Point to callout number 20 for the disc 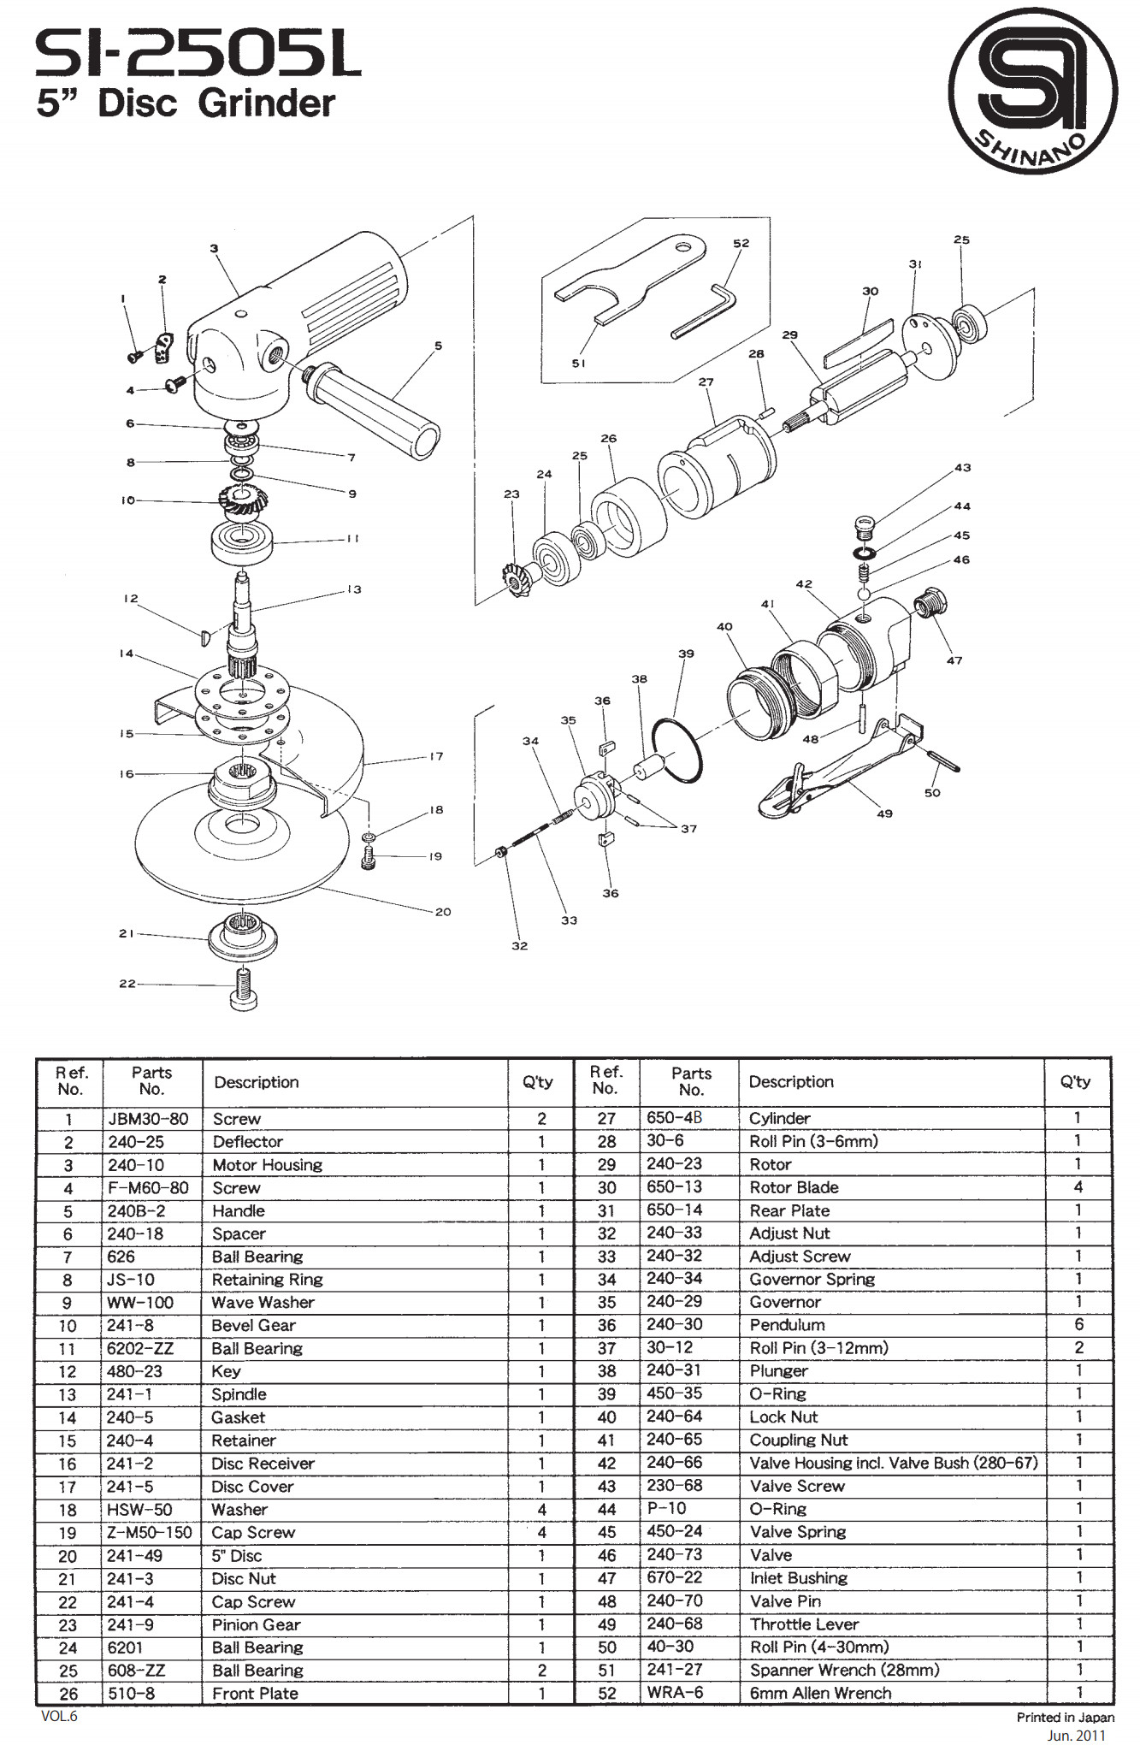[443, 912]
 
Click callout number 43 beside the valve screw [962, 468]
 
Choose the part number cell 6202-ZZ [140, 1349]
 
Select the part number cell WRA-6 [675, 1693]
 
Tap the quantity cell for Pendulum [1078, 1324]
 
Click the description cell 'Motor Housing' [268, 1165]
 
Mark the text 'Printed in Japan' [1066, 1717]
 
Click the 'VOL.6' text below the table [59, 1716]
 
